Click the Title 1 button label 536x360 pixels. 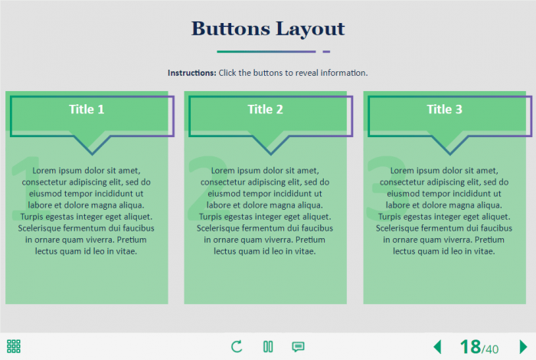coord(87,110)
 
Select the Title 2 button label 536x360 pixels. coord(265,110)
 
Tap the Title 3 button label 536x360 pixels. coord(444,110)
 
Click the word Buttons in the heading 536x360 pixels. coord(230,28)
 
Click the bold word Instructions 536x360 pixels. coord(191,73)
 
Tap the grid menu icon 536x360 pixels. coord(14,346)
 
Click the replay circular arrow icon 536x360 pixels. coord(237,346)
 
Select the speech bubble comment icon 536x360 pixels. coord(298,347)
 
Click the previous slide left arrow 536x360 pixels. coord(437,347)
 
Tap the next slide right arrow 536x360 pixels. coord(523,347)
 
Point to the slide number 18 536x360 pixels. coord(470,347)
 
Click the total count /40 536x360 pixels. coord(490,349)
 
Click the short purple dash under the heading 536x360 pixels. coord(326,51)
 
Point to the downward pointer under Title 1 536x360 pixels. coord(92,146)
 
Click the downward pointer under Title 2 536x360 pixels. coord(271,146)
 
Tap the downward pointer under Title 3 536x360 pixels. coord(450,146)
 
